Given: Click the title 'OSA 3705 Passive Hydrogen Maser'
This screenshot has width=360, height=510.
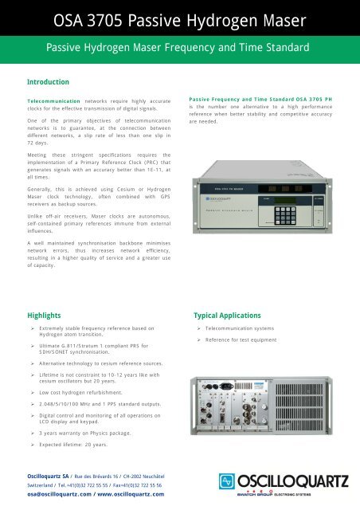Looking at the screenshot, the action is pos(179,18).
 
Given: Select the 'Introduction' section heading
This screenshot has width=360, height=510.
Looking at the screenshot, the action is pos(48,82).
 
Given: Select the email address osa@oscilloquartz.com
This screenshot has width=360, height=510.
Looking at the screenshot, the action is pos(57,494).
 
